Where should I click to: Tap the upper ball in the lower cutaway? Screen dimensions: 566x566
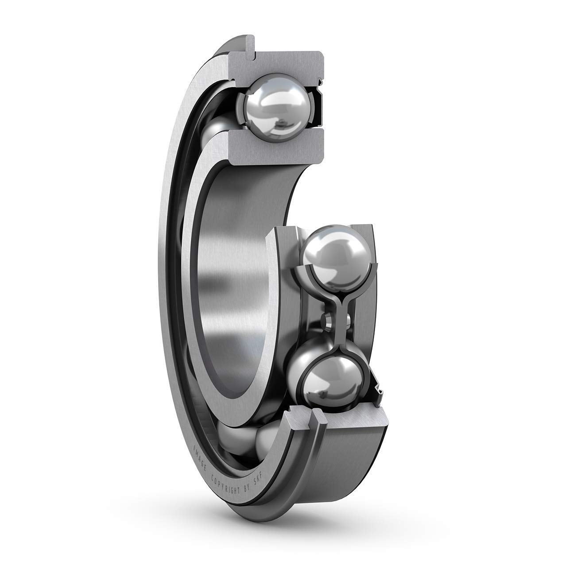336,256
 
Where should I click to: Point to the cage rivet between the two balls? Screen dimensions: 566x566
327,318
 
